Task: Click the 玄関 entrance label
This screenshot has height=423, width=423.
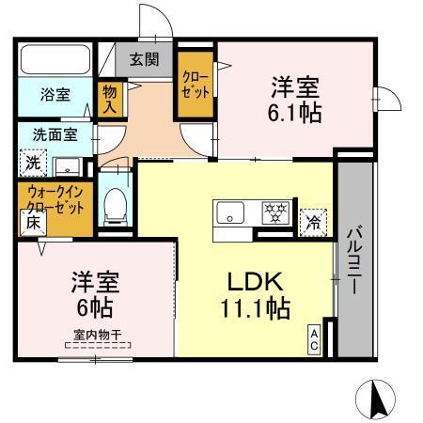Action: (x=144, y=59)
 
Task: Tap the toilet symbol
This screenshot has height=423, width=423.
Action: (x=115, y=204)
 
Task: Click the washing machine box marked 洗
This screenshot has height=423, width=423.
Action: (x=33, y=162)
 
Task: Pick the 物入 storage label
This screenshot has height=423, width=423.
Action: (x=110, y=97)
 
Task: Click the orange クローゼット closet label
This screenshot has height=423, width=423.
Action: (x=196, y=84)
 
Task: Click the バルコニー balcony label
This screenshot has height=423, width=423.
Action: (x=354, y=258)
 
